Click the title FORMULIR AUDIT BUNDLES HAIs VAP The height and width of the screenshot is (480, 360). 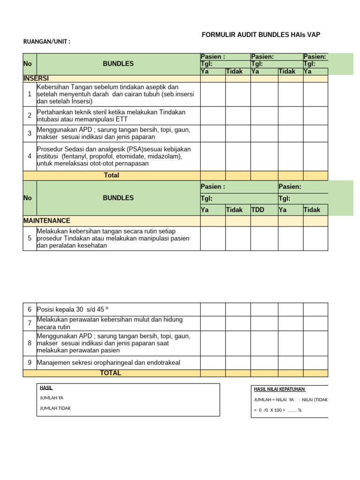click(261, 35)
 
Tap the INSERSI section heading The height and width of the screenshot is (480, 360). click(36, 78)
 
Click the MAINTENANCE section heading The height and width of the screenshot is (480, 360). click(47, 220)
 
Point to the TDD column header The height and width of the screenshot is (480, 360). click(258, 210)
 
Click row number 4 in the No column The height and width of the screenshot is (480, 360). click(30, 156)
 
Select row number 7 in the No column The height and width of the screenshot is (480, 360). click(30, 322)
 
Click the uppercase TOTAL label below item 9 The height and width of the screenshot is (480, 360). click(111, 373)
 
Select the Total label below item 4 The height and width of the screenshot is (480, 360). click(112, 175)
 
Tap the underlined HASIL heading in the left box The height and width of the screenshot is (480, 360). click(46, 388)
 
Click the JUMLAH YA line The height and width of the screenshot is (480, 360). click(52, 397)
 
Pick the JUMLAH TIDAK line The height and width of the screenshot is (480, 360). click(55, 408)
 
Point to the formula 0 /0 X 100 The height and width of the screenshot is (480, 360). click(271, 410)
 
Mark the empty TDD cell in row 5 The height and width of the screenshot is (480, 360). click(264, 239)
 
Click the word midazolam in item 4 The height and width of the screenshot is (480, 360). click(166, 156)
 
